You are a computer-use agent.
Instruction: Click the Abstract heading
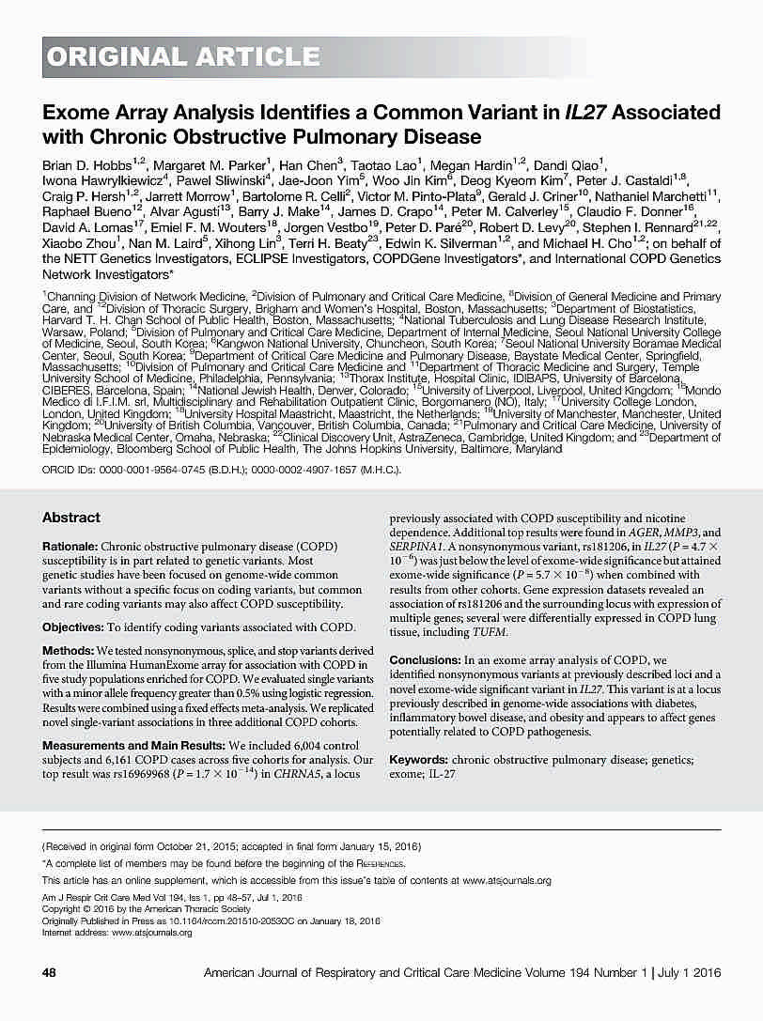(71, 518)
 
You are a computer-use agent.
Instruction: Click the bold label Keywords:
(418, 758)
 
